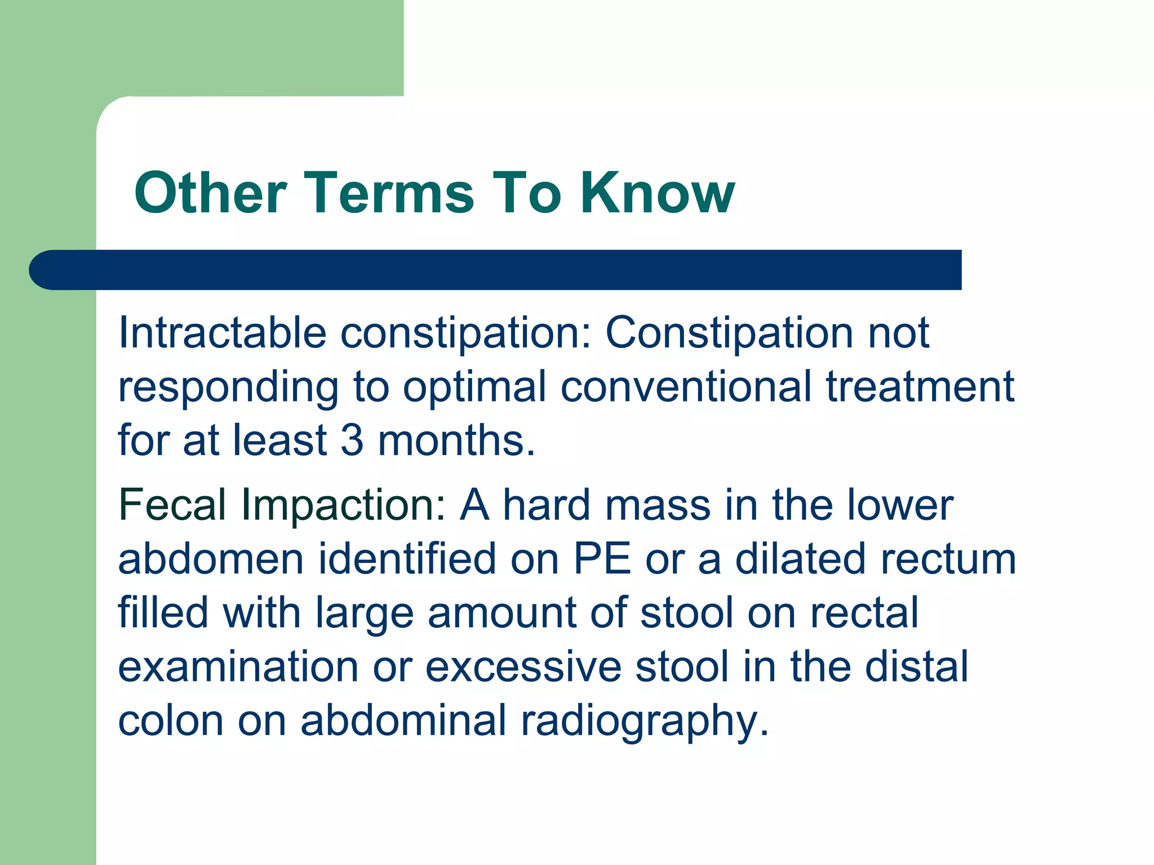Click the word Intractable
(x=222, y=333)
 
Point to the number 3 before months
(x=352, y=440)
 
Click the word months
(x=455, y=440)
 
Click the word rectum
(x=948, y=560)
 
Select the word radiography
(x=644, y=722)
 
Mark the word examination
(x=238, y=667)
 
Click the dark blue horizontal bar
(x=496, y=270)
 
